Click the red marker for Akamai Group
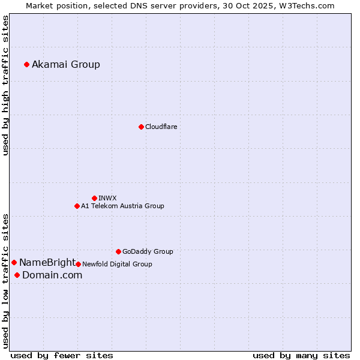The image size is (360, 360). pos(26,64)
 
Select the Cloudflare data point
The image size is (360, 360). pos(141,127)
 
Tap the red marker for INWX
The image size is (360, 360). pos(94,198)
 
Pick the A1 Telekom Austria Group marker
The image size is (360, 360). pos(77,206)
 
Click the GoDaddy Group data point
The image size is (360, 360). pos(118,251)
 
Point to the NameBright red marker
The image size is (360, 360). pos(14,262)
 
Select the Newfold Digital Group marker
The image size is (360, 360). pos(78,264)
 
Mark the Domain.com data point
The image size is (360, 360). pos(17,275)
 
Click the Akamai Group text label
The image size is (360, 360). pos(66,64)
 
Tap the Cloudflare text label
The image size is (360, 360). pos(161,127)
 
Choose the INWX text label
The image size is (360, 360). pos(107,198)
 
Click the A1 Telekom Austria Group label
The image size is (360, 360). pos(122,206)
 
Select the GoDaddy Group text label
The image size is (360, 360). pos(148,251)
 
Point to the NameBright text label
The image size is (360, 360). pos(47,262)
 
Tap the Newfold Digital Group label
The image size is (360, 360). pos(117,264)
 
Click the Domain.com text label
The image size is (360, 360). pos(52,275)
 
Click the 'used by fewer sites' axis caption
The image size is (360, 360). pos(62,355)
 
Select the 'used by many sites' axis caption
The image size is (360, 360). pos(301,355)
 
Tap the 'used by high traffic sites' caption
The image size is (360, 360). pos(6,85)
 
